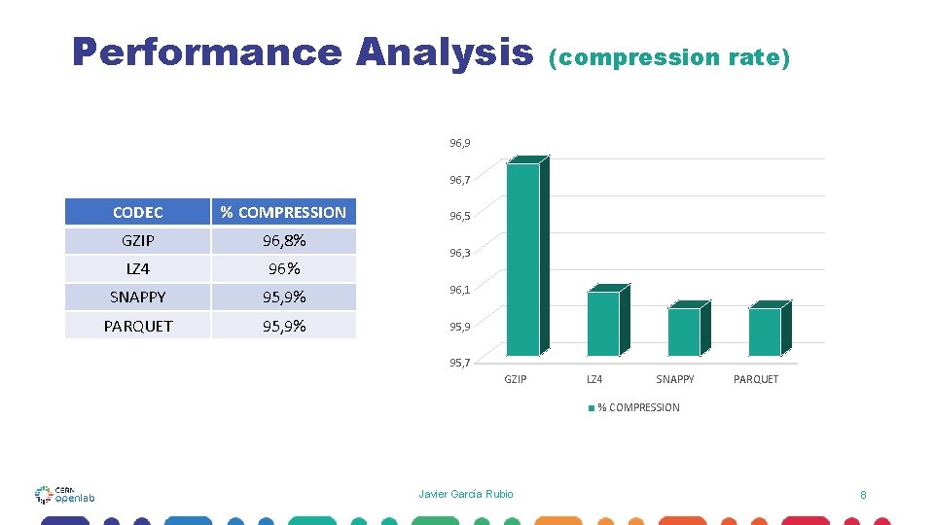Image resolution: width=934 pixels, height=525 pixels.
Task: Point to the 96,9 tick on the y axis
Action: pyautogui.click(x=460, y=143)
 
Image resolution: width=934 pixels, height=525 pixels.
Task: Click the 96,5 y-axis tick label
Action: pyautogui.click(x=460, y=217)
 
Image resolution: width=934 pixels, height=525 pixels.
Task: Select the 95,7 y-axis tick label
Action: pyautogui.click(x=460, y=363)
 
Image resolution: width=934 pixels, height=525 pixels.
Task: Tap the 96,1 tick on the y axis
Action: pyautogui.click(x=460, y=290)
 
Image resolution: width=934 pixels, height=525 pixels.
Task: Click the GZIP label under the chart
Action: pyautogui.click(x=515, y=379)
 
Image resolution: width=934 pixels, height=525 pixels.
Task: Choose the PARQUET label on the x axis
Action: pyautogui.click(x=756, y=379)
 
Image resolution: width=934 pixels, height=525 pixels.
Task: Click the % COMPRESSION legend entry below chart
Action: pyautogui.click(x=633, y=407)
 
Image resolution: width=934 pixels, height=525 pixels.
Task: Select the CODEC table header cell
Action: pyautogui.click(x=138, y=212)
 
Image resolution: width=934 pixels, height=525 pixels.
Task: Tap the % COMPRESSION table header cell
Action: pyautogui.click(x=283, y=212)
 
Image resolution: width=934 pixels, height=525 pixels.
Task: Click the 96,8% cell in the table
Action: pyautogui.click(x=284, y=240)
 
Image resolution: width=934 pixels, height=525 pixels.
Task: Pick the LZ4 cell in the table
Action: pyautogui.click(x=138, y=268)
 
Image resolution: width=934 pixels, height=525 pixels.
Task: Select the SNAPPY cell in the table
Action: pyautogui.click(x=138, y=297)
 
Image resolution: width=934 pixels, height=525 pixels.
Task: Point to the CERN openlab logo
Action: pyautogui.click(x=64, y=494)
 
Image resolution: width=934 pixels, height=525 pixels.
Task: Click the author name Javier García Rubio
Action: pyautogui.click(x=466, y=494)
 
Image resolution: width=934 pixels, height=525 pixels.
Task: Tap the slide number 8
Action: pyautogui.click(x=863, y=495)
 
